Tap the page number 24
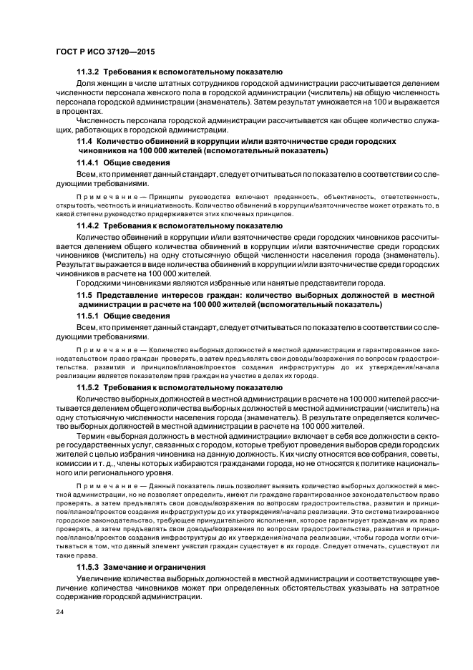pos(59,613)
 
